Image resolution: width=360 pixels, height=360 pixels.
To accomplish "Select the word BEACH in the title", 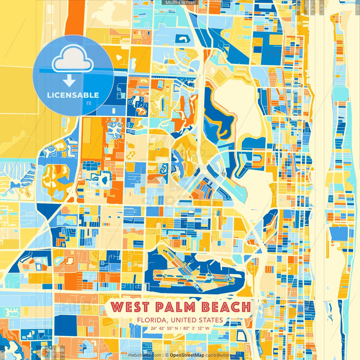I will tap(226, 307).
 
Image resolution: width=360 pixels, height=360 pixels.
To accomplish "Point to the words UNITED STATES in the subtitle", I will tap(197, 320).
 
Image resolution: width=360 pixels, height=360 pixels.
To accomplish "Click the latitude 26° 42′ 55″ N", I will tap(164, 328).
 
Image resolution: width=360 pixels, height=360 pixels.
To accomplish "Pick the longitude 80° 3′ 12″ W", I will tap(196, 328).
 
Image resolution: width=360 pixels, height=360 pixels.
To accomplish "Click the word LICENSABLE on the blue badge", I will tap(73, 95).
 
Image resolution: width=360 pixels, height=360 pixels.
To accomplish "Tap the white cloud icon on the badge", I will tap(73, 58).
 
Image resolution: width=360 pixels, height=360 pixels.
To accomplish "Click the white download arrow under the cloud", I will tap(69, 81).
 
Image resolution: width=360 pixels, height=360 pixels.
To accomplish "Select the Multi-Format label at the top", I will tap(180, 3).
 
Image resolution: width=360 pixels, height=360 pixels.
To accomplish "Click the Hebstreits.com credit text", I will tap(145, 355).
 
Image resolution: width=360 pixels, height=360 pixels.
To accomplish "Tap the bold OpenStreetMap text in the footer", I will tap(187, 355).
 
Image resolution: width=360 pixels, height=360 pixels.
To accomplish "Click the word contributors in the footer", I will tap(218, 355).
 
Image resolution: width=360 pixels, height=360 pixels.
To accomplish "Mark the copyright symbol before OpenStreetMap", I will tap(167, 355).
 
